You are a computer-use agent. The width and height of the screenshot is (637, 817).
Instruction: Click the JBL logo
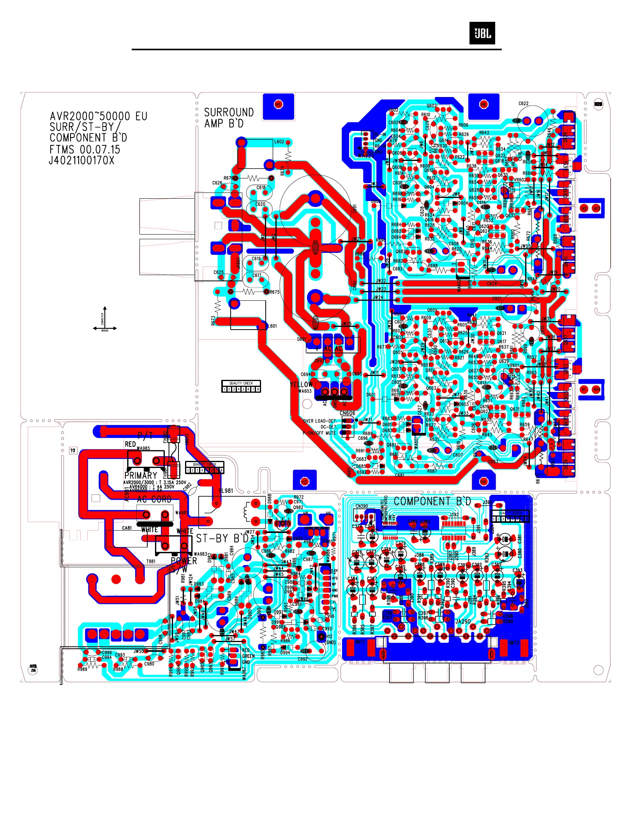[482, 33]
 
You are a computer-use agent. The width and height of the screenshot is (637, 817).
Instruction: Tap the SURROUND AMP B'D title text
[229, 118]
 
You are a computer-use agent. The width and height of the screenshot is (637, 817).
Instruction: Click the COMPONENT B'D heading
[432, 501]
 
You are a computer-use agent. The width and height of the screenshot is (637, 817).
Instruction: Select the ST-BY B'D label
[222, 539]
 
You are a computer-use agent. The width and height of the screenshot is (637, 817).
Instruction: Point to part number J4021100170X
[82, 161]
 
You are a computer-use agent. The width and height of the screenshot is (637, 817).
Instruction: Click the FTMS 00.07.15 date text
[85, 150]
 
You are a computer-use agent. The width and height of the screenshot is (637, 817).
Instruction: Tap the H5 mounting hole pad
[278, 104]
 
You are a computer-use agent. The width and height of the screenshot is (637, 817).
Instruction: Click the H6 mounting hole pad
[483, 104]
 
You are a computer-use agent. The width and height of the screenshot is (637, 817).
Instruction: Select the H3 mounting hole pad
[305, 482]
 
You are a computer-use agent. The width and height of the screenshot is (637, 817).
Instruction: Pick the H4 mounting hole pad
[483, 482]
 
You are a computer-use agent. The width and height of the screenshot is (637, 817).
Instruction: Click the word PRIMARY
[141, 475]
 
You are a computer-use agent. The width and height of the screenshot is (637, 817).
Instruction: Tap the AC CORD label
[154, 499]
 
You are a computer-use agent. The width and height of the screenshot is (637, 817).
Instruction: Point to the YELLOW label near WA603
[301, 385]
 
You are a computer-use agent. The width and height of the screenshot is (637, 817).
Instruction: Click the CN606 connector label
[347, 413]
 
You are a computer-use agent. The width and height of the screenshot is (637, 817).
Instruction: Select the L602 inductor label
[279, 142]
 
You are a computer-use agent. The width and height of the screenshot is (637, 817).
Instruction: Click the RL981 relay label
[226, 491]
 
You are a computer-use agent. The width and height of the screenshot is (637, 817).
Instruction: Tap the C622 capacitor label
[523, 104]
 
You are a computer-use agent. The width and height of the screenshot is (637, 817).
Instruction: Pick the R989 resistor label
[82, 669]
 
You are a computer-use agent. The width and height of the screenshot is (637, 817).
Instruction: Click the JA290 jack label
[463, 621]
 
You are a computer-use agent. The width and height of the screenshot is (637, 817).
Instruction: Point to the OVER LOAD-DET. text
[320, 421]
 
